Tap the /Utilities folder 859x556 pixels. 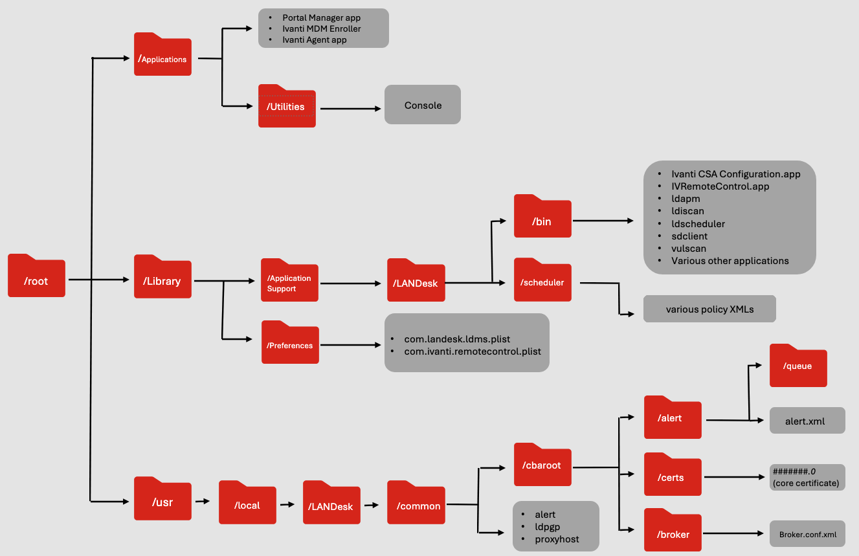[287, 107]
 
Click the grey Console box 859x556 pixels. [423, 105]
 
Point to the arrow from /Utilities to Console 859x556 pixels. [350, 108]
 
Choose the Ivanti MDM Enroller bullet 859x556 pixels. [322, 28]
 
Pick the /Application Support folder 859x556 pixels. [289, 282]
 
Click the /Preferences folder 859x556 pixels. [289, 344]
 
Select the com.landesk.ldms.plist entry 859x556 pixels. [457, 339]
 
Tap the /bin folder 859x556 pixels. [542, 217]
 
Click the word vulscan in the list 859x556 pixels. [689, 249]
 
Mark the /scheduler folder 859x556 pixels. [542, 281]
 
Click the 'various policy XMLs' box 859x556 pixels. [709, 309]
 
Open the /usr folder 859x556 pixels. [162, 500]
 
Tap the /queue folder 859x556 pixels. [798, 366]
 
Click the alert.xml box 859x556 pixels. [807, 421]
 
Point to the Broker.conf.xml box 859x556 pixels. [807, 535]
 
